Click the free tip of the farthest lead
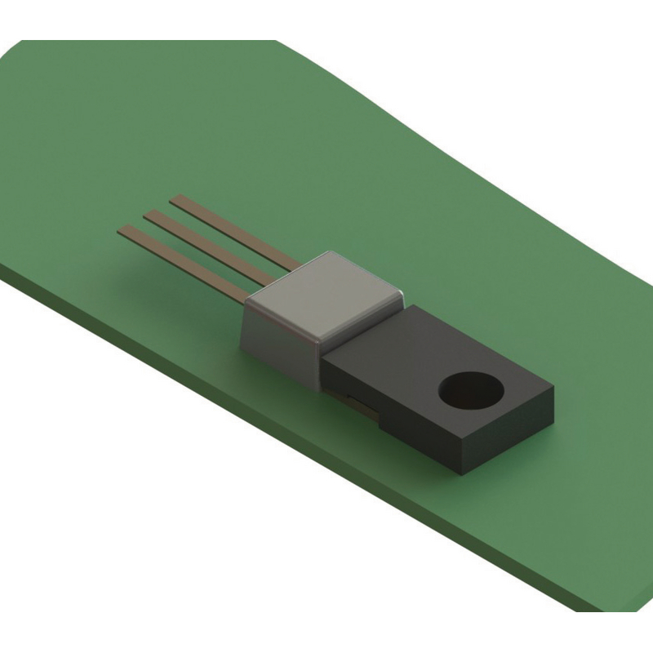click(x=173, y=198)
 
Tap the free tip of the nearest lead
click(x=122, y=230)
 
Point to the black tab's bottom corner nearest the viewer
click(x=462, y=474)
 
